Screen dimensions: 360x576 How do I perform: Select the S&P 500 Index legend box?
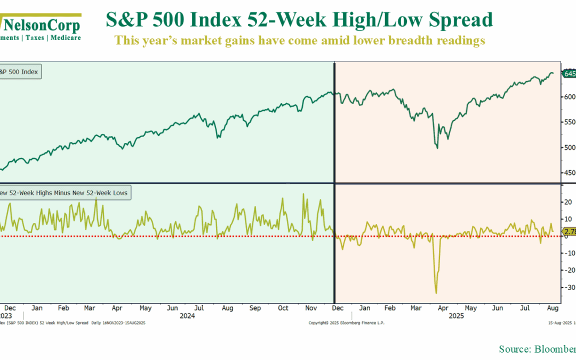click(20, 71)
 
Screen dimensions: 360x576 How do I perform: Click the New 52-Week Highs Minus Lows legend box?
click(64, 193)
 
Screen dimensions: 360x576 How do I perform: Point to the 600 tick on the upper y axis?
click(569, 97)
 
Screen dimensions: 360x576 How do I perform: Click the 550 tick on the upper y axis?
click(569, 122)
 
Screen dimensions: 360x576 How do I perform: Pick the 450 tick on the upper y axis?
click(569, 173)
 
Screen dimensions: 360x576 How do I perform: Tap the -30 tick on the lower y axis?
click(569, 287)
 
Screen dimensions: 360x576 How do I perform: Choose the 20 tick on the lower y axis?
click(569, 202)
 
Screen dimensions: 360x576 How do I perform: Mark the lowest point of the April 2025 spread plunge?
click(436, 293)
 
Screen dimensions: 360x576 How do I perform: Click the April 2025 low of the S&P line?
click(438, 148)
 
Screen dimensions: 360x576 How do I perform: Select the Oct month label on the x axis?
click(284, 308)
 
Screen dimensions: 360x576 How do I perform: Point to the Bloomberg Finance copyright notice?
click(346, 323)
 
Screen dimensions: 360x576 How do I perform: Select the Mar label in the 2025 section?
click(416, 308)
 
